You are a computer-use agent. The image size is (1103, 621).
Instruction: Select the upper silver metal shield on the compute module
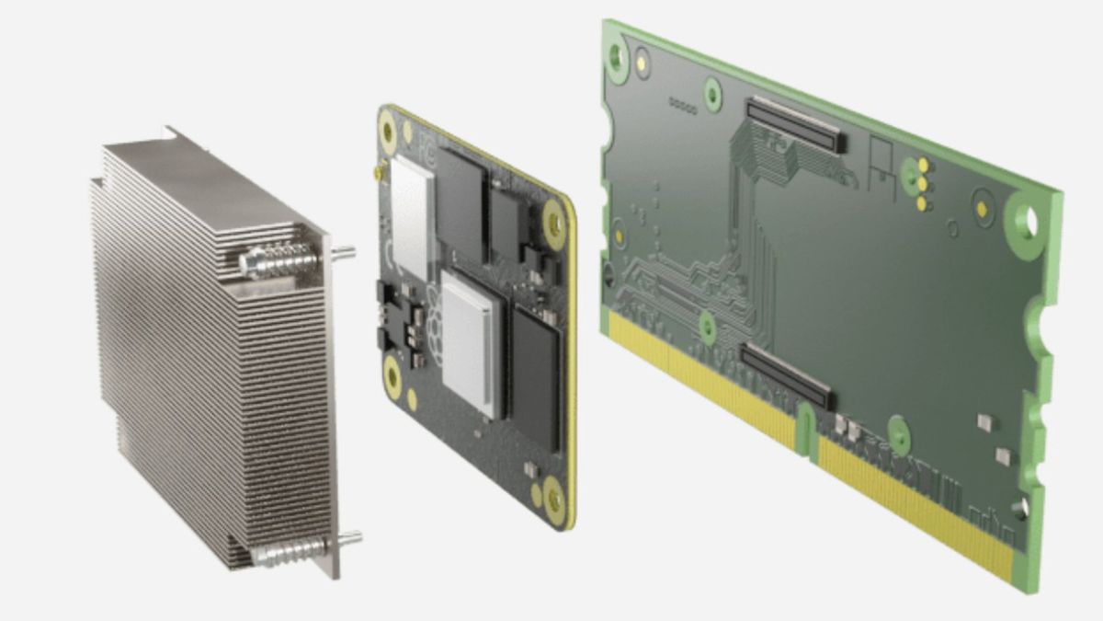[x=412, y=214]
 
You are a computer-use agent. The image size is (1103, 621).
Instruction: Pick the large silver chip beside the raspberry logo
[x=472, y=341]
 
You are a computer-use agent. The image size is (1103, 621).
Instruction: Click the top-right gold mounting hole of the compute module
[x=553, y=220]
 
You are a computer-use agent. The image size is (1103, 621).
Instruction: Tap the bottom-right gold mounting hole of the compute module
[x=554, y=501]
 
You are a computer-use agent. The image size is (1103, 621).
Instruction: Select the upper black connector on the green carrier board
[x=796, y=125]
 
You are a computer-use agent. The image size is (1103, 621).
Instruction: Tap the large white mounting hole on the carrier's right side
[x=1025, y=221]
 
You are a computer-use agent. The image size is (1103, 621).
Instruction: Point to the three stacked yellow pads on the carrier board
[x=922, y=183]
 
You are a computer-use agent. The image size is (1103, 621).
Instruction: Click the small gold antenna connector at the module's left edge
[x=376, y=172]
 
